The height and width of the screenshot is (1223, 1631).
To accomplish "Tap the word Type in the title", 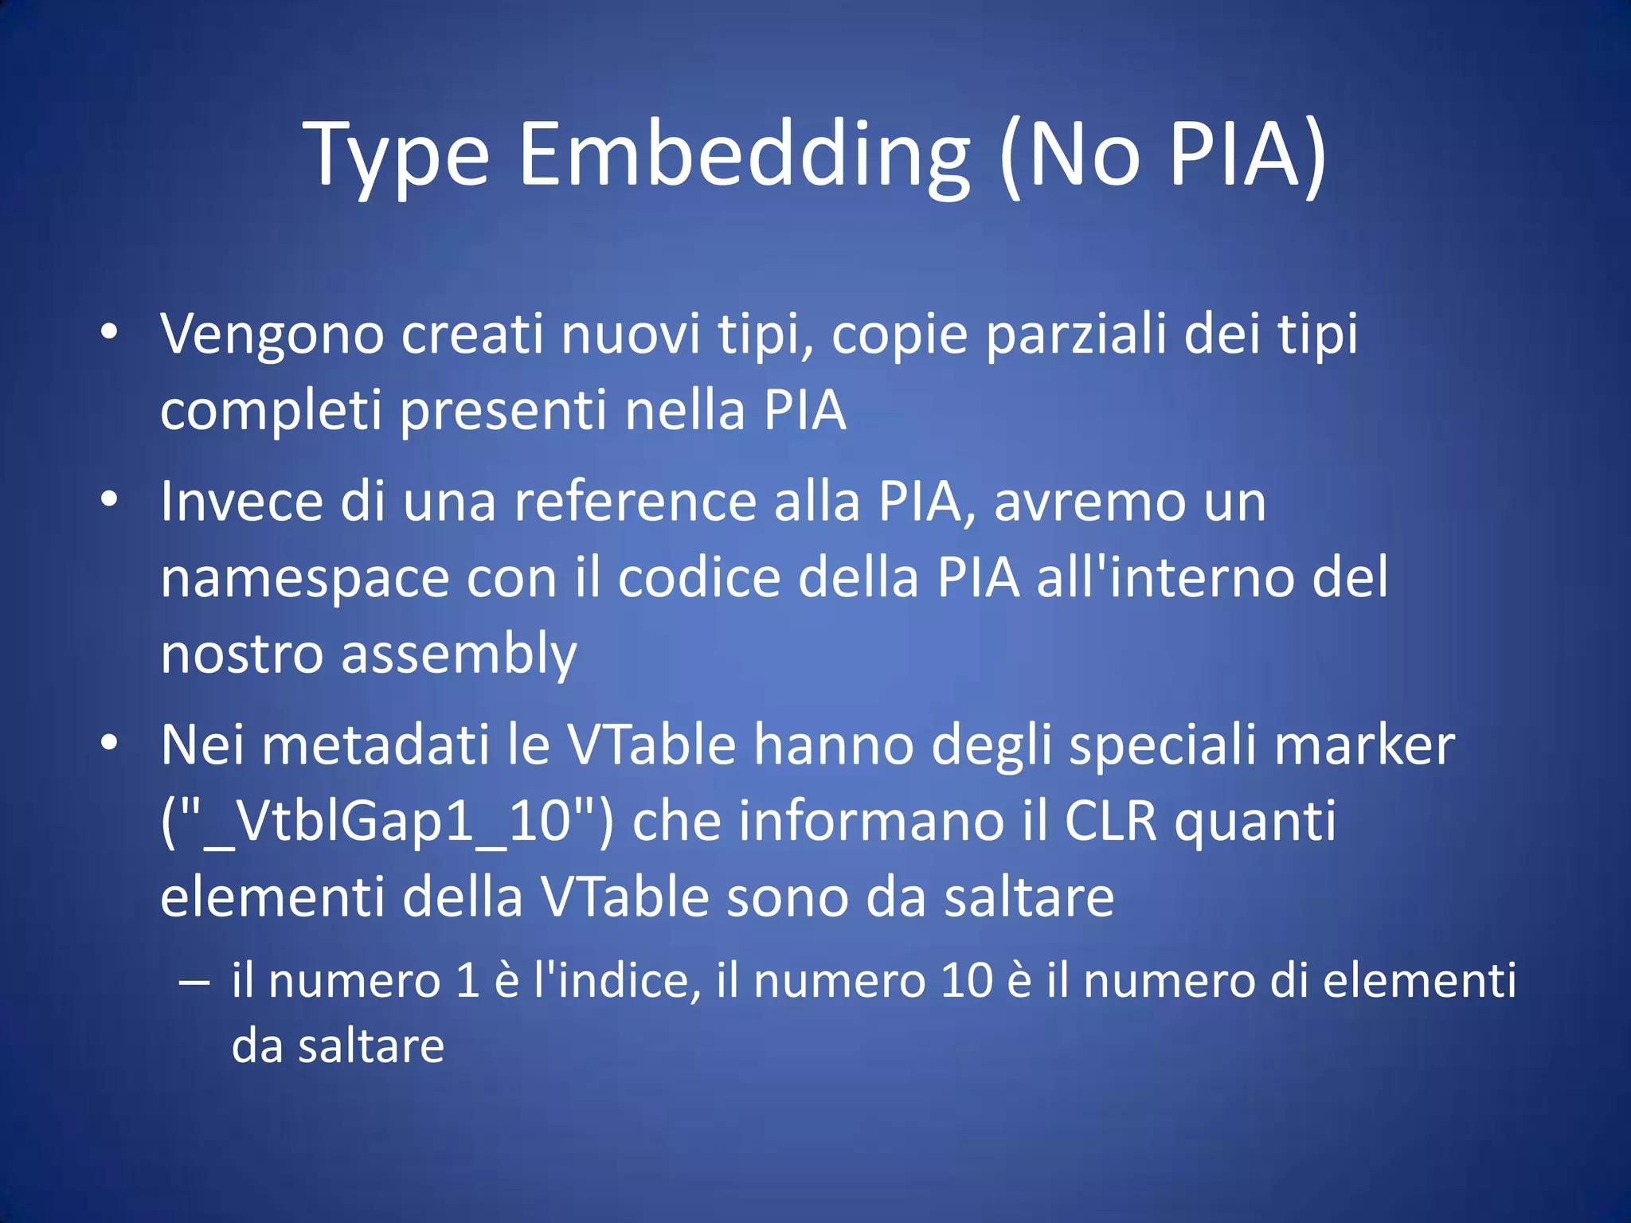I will (396, 156).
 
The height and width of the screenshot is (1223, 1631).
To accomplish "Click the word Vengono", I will (272, 334).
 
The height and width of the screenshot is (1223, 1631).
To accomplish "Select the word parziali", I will (1076, 334).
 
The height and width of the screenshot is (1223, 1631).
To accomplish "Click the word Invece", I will (242, 502).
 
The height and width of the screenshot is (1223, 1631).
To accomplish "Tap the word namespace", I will (305, 579).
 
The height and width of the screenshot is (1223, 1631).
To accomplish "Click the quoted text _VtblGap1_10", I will (388, 822).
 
